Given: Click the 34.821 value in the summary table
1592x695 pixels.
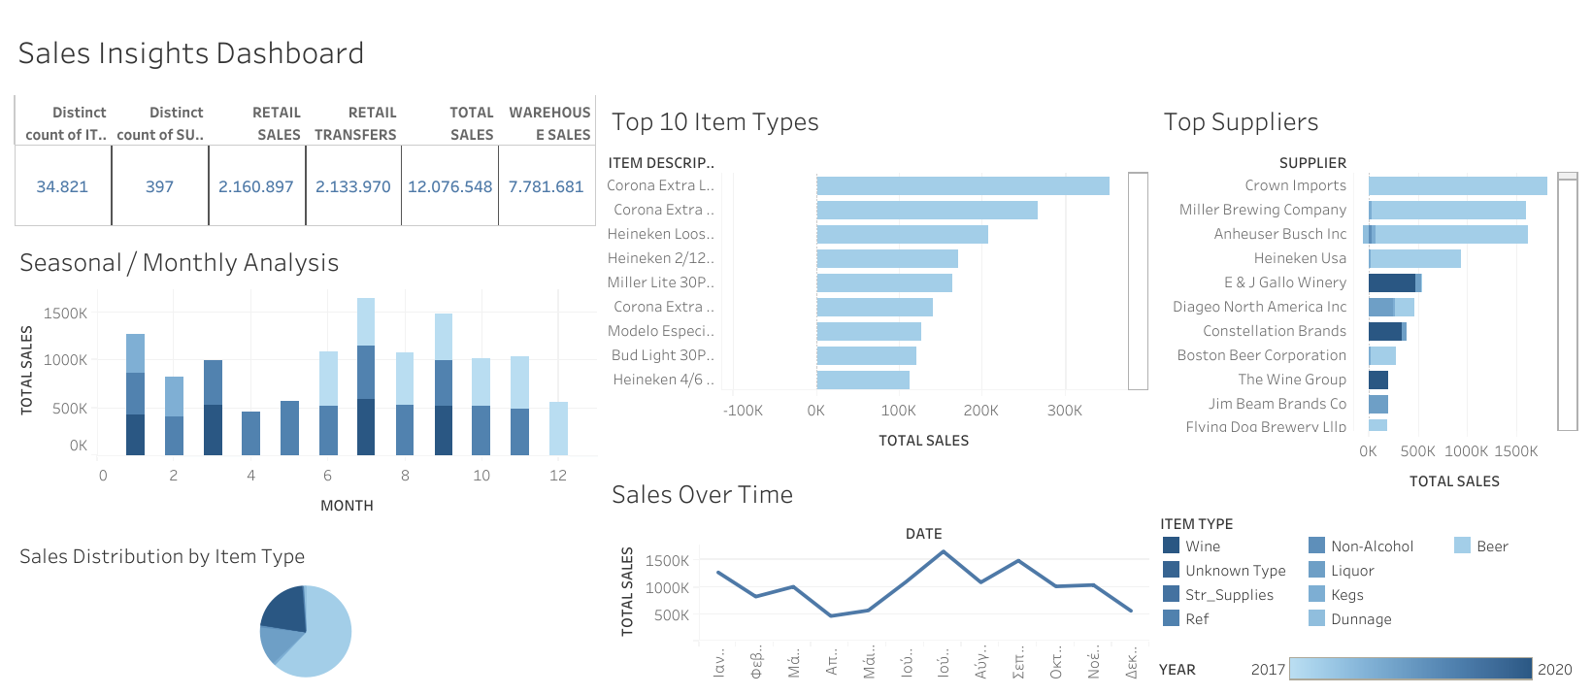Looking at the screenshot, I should point(62,186).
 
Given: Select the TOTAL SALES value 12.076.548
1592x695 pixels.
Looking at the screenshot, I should point(449,186).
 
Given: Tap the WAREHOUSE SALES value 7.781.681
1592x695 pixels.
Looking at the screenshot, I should point(546,186).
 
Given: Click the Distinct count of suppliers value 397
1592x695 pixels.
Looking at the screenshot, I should point(159,186).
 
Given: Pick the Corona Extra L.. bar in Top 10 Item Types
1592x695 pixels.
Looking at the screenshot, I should point(962,185).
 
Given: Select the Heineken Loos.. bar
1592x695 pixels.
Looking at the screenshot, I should point(902,234).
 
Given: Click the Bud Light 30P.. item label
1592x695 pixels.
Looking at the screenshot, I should point(662,355).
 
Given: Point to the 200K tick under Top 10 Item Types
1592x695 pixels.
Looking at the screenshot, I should point(980,411).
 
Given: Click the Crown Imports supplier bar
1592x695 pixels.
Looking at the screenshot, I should point(1457,185).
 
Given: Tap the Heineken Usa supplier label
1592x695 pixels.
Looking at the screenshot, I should point(1300,258).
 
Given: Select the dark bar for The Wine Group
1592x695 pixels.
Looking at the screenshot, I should point(1377,380).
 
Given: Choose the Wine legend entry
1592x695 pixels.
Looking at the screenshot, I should point(1202,546).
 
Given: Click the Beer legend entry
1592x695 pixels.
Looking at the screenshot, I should point(1491,546).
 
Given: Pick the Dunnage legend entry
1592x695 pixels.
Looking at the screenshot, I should point(1360,619).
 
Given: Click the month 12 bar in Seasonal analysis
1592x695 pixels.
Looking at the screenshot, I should point(558,428).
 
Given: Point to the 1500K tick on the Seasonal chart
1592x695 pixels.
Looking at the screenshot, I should point(65,314).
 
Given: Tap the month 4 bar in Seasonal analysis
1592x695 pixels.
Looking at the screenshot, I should point(250,433).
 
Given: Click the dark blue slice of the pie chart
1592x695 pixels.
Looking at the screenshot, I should point(284,608).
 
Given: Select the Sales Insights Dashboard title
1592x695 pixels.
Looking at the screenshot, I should point(191,53).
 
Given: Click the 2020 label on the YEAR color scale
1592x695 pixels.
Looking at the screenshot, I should point(1554,669).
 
